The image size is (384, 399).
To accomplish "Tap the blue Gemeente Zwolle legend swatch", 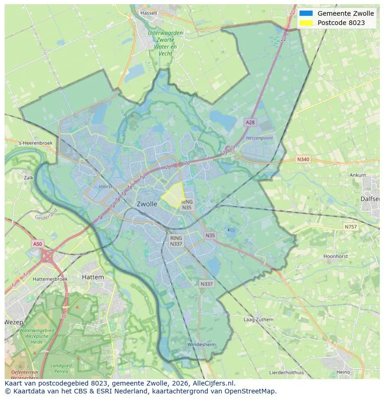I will (306, 13).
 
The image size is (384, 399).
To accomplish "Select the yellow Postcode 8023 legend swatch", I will (306, 23).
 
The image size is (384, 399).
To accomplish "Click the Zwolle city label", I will (147, 204).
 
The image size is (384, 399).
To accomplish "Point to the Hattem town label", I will (93, 277).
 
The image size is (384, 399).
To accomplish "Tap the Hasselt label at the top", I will (149, 13).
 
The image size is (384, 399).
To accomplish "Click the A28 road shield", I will (250, 122).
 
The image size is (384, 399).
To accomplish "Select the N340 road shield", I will (302, 159).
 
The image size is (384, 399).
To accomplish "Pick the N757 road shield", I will (351, 227).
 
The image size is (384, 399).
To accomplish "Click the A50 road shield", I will (38, 244).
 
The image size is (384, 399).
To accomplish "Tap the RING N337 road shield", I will (176, 241).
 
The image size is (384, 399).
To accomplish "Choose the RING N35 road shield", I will (186, 205).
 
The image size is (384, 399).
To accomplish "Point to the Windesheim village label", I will (201, 345).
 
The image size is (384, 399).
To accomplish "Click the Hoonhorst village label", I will (335, 256).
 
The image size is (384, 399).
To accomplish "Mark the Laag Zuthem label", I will (258, 320).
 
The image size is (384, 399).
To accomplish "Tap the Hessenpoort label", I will (259, 138).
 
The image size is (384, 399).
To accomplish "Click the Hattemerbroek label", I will (51, 279).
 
